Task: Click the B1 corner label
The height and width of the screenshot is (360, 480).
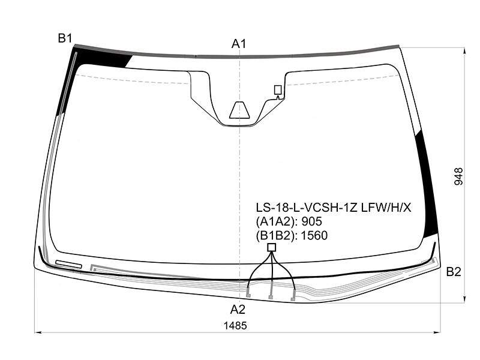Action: pos(65,38)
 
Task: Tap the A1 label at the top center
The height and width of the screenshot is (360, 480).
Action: pos(239,44)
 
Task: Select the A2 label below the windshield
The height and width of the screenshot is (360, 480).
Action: pos(238,310)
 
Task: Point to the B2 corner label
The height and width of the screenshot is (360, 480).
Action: pos(454,272)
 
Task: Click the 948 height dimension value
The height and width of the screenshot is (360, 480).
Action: pos(458,176)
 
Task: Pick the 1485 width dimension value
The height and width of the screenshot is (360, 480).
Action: pos(235,326)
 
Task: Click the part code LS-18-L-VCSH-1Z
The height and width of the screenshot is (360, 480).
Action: pos(307,208)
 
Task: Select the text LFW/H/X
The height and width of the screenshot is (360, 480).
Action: pos(386,208)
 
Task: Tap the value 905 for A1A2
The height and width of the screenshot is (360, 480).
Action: pos(311,221)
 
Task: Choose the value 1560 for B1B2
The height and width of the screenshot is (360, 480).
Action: pos(314,235)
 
